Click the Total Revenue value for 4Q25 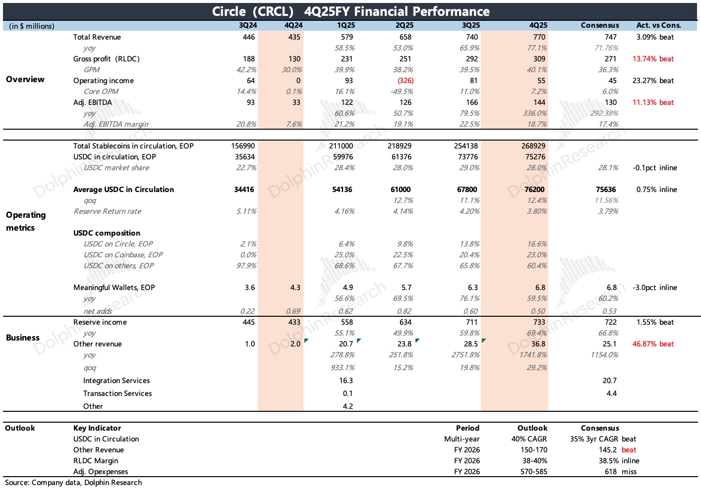point(539,37)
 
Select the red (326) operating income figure point(405,81)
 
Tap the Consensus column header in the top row point(600,25)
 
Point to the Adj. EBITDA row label point(93,102)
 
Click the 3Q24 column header point(248,25)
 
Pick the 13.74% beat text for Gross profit point(653,59)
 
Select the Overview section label point(25,79)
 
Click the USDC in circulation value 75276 point(535,157)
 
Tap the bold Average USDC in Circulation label point(123,190)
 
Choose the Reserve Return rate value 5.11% point(246,211)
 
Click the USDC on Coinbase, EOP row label point(123,255)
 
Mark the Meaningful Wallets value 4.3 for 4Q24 point(295,288)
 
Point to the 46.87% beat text point(653,344)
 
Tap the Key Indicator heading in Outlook point(97,428)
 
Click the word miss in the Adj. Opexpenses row point(629,472)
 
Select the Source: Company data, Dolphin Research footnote point(73,483)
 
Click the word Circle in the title point(229,11)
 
